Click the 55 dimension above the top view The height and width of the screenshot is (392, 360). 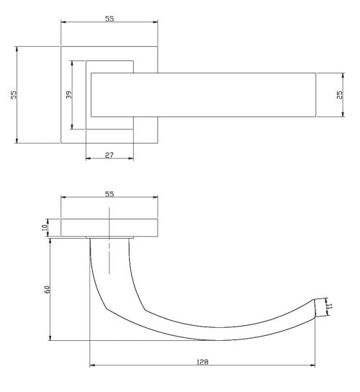coord(109,19)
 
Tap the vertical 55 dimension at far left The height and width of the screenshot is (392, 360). coord(14,95)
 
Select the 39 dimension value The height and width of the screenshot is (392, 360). coord(69,95)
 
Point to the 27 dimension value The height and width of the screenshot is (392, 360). coord(109,155)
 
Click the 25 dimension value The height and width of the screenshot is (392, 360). coord(340,95)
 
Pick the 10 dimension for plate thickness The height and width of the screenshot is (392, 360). coord(45,227)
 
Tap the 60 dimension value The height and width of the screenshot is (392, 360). coord(47,289)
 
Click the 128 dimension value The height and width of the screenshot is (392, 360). coord(202,362)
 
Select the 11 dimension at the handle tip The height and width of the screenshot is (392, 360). coord(330,306)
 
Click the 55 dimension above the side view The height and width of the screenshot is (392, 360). coord(109,194)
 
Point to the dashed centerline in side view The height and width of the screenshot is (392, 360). coord(109,240)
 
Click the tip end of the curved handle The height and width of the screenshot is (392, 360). coord(315,308)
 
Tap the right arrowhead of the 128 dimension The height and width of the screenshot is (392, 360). coord(312,365)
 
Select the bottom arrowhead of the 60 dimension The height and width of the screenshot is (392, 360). coord(50,338)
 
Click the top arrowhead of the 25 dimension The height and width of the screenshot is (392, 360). coord(343,76)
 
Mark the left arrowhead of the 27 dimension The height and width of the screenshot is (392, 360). coord(89,158)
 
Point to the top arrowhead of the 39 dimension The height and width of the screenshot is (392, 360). coord(72,63)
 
